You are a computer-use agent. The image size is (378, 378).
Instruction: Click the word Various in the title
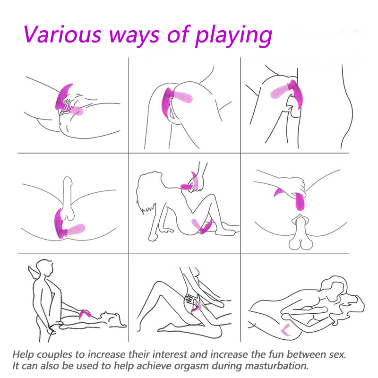tap(62, 34)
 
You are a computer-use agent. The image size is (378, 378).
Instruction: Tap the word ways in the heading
tap(134, 36)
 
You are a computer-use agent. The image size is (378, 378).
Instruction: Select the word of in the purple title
tap(179, 34)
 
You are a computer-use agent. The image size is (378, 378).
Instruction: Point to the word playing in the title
tap(233, 37)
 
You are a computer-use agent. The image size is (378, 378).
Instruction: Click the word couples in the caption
tap(54, 355)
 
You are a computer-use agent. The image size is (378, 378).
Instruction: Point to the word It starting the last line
tap(16, 366)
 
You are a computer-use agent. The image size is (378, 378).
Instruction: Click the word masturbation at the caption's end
tap(277, 366)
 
